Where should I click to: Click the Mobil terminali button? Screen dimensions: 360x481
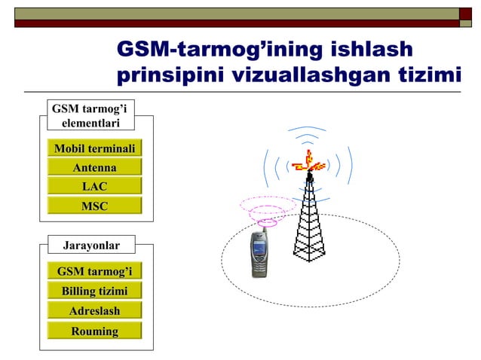[x=94, y=148]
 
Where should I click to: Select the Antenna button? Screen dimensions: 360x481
[x=94, y=167]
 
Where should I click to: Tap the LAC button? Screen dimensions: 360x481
[x=94, y=186]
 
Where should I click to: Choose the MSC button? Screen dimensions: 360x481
[x=94, y=206]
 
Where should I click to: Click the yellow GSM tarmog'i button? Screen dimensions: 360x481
[x=94, y=271]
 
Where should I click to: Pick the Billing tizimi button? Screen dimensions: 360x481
[x=94, y=291]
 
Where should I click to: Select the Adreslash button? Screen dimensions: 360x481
[x=94, y=310]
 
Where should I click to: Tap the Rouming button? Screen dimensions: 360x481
[x=94, y=331]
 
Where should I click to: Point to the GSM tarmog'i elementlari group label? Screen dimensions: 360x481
[x=90, y=117]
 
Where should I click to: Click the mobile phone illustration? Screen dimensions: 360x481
[x=259, y=255]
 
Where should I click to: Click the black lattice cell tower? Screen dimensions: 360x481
[x=309, y=222]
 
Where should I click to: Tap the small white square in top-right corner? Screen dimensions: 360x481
[x=466, y=12]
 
